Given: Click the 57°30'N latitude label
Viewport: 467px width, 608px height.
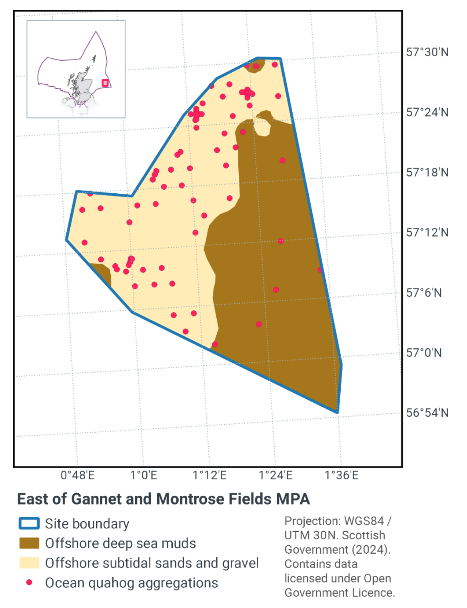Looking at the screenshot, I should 427,52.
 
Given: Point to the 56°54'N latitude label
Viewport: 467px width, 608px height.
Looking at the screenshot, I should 427,413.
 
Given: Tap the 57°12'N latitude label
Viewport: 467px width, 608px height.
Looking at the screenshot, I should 427,232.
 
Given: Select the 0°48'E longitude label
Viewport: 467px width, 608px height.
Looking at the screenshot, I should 78,475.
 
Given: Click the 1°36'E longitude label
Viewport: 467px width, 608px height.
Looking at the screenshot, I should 341,475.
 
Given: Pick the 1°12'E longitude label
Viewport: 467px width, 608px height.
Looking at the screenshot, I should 210,475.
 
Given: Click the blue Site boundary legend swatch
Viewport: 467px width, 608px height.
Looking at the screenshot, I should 29,523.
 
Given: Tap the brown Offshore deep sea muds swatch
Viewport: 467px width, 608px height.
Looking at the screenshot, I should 29,543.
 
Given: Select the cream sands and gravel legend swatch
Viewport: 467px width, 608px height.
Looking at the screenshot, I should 29,563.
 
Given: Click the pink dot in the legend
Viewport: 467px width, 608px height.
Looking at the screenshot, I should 29,582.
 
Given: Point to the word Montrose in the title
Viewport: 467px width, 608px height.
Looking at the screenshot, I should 185,499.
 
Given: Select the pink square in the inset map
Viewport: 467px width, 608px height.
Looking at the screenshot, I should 105,83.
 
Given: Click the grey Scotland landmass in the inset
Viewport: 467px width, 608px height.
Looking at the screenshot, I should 83,86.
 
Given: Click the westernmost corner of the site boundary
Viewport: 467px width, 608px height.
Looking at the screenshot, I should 66,240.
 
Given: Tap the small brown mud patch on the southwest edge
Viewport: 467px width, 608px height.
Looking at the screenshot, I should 103,273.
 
